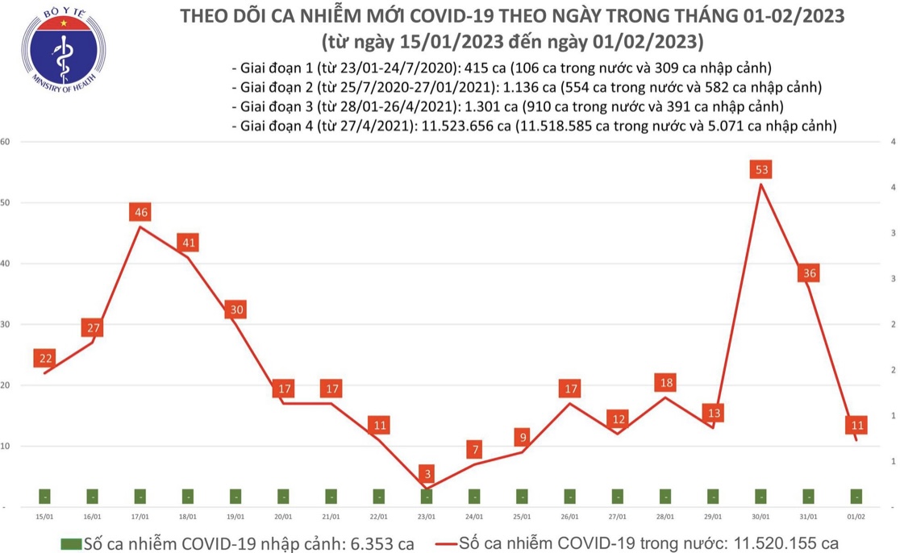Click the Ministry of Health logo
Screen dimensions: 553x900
coord(61,52)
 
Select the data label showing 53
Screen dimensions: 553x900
coord(762,169)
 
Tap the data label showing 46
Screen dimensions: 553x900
coord(140,213)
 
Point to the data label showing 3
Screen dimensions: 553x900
coord(427,472)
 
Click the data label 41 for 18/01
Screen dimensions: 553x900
coord(188,243)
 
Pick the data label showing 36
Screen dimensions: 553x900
coord(809,273)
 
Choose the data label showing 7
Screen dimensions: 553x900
coord(474,449)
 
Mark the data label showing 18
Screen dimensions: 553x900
coord(665,383)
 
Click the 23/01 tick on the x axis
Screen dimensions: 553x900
coord(427,517)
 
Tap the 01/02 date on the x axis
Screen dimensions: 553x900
coord(856,517)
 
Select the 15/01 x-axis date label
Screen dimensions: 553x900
coord(44,517)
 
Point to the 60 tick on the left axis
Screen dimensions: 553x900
coord(5,142)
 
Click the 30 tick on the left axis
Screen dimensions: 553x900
coord(5,324)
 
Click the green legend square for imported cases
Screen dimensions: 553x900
coord(70,543)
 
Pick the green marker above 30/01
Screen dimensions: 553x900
coord(760,497)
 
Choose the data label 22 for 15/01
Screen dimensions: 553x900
coord(45,359)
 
